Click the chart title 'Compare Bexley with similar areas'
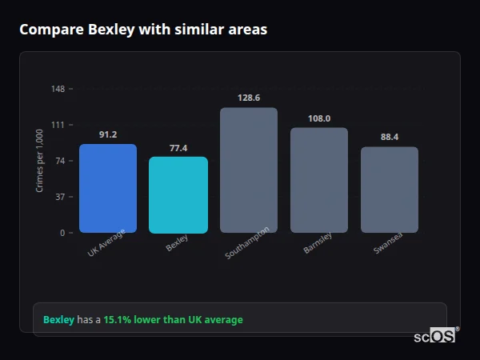coord(143,30)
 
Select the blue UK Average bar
coord(108,189)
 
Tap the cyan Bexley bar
coord(178,195)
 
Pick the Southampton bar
coord(249,170)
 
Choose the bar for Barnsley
coord(319,180)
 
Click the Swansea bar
coord(390,190)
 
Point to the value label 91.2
coord(108,134)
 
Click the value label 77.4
coord(178,148)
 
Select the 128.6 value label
coord(249,98)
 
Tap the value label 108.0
coord(319,118)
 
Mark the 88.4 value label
coord(390,137)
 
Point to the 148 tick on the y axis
coord(58,89)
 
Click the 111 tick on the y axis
coord(58,125)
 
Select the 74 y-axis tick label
coord(61,161)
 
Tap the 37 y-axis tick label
coord(61,197)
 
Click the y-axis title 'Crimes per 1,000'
coord(40,162)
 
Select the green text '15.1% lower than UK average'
coord(173,320)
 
